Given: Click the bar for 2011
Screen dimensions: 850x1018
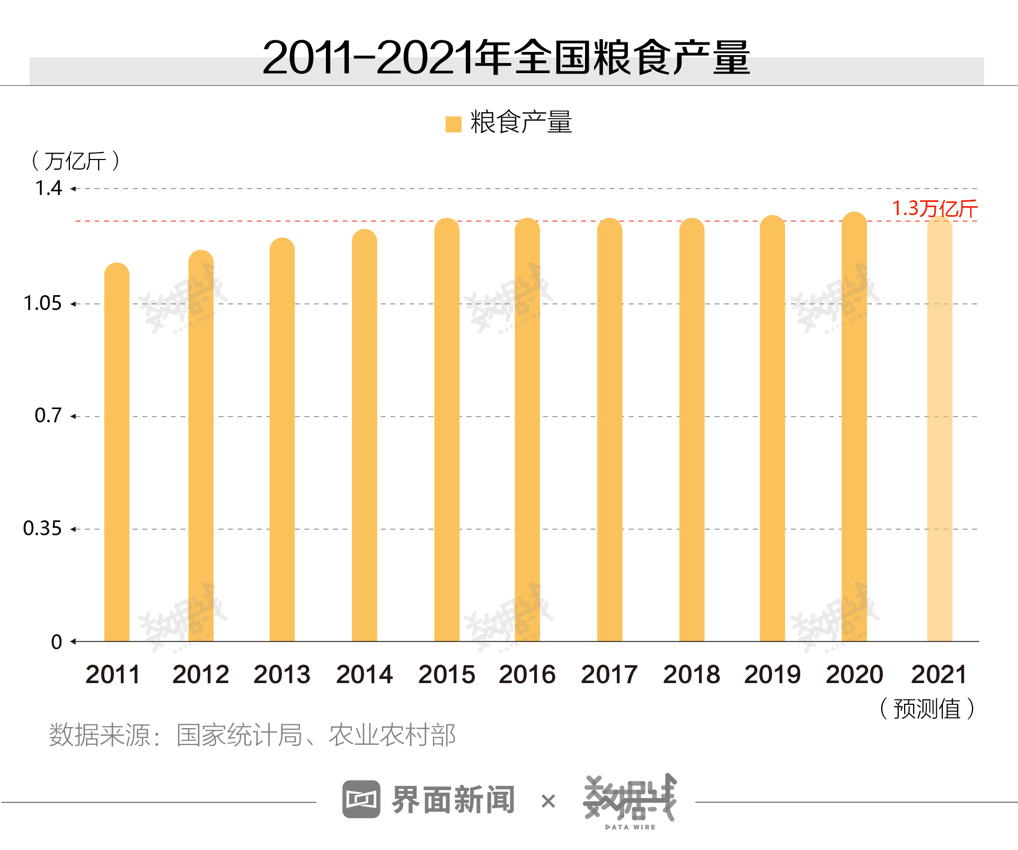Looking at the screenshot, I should pyautogui.click(x=117, y=453).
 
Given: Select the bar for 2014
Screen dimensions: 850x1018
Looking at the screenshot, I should pyautogui.click(x=364, y=436).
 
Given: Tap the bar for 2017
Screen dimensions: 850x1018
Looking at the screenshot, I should pyautogui.click(x=609, y=430).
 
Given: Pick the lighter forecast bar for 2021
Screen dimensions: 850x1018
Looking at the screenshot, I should pyautogui.click(x=939, y=429).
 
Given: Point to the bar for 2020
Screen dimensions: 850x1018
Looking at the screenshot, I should pyautogui.click(x=854, y=427).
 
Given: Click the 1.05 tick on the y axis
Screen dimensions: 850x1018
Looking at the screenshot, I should pyautogui.click(x=42, y=304).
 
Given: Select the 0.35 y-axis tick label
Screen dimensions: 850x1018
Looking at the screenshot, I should pyautogui.click(x=42, y=529).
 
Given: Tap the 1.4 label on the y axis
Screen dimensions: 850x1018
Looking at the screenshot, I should pyautogui.click(x=48, y=189).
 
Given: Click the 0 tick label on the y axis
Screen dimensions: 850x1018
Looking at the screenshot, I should pyautogui.click(x=56, y=642).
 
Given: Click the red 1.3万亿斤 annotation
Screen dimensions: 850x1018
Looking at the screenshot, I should pyautogui.click(x=934, y=209).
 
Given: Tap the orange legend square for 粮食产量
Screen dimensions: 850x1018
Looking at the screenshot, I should pyautogui.click(x=454, y=124).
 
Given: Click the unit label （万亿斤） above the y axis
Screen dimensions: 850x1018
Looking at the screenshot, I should pyautogui.click(x=75, y=161).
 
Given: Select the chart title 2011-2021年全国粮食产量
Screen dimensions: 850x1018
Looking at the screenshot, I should pyautogui.click(x=506, y=58).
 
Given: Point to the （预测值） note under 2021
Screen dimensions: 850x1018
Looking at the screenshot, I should pyautogui.click(x=927, y=709).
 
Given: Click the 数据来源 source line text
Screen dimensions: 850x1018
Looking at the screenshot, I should pyautogui.click(x=252, y=736).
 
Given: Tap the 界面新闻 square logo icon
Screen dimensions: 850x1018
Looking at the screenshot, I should pyautogui.click(x=361, y=799).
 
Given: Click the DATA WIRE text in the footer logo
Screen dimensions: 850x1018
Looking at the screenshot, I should pyautogui.click(x=630, y=827).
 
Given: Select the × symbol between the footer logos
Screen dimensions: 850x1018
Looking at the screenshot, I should pyautogui.click(x=548, y=801).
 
